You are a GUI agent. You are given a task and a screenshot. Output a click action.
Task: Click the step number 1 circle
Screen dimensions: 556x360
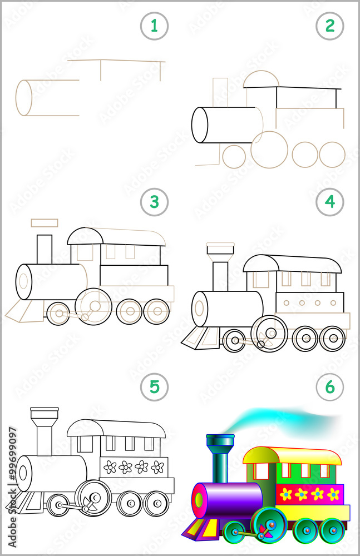[x=154, y=26]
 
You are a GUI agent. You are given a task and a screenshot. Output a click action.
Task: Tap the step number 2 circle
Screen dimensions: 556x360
[x=330, y=26]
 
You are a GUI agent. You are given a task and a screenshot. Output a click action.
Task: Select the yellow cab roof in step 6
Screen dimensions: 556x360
[x=292, y=454]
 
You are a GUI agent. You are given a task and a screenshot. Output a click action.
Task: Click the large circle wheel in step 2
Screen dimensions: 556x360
[x=269, y=149]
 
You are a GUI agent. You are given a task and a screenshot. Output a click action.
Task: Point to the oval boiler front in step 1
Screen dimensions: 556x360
[x=24, y=98]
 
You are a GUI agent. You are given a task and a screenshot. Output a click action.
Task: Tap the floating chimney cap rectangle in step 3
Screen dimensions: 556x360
[x=45, y=223]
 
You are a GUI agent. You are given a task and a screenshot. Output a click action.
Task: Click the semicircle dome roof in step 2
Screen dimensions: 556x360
[x=261, y=79]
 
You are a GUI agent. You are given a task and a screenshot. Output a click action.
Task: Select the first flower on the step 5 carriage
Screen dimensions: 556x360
[x=110, y=467]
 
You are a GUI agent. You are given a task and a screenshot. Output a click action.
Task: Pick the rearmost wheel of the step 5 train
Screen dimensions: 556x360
[x=156, y=504]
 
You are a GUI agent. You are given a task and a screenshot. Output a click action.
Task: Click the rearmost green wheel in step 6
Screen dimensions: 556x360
[x=333, y=530]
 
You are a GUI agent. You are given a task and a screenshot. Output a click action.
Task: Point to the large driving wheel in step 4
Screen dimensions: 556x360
[x=269, y=332]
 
